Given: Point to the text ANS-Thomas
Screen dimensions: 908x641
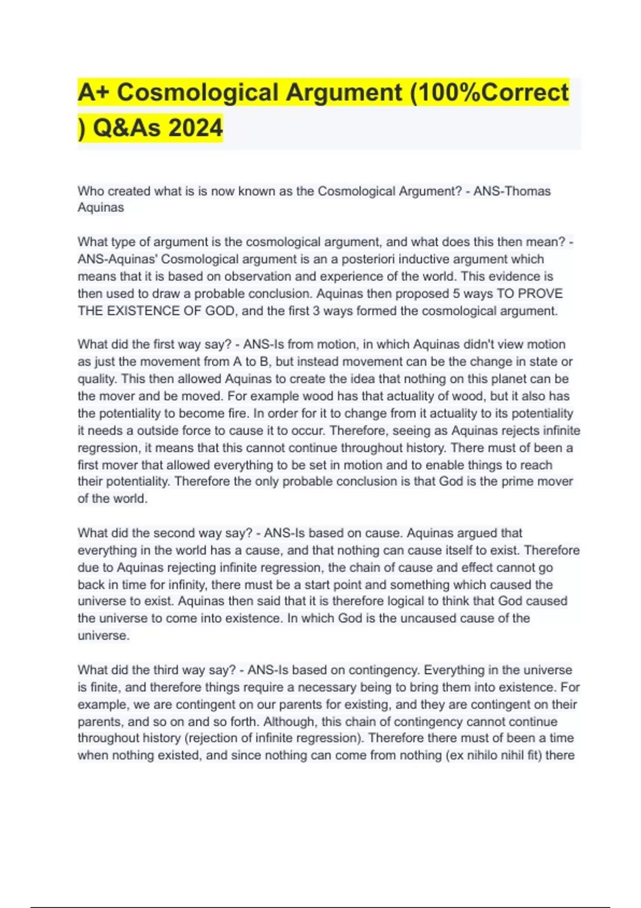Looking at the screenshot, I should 512,191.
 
